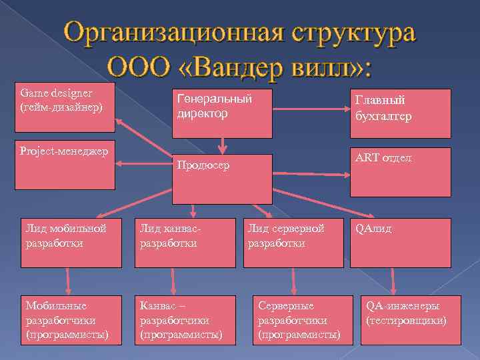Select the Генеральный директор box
223,111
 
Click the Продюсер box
223,178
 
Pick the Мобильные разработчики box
71,319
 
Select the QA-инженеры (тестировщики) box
411,319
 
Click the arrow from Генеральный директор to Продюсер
223,143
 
